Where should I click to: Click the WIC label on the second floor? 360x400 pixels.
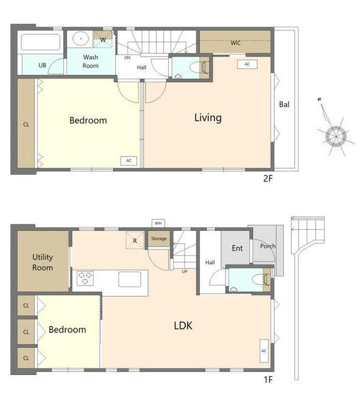coord(235,43)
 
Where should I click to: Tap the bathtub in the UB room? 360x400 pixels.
coord(41,42)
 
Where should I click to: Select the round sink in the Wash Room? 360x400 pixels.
coord(80,38)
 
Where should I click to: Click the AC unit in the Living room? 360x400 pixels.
coord(247,64)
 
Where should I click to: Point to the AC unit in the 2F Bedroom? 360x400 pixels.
coord(129,161)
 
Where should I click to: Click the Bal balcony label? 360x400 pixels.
coord(284,104)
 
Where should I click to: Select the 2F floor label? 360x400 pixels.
coord(268,178)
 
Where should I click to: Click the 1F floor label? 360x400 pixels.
coord(268,379)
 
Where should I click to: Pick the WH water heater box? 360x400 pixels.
coord(158,223)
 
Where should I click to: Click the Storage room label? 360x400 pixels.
coord(159,239)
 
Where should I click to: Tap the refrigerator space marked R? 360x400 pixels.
coord(135,240)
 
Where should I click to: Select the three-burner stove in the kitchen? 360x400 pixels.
coord(85,278)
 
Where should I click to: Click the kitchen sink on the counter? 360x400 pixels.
coord(130,279)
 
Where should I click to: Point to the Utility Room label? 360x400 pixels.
coord(43,262)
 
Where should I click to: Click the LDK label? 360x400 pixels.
coord(183,326)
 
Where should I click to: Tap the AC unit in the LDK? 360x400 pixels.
coord(264,351)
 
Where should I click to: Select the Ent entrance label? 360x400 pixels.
coord(237,248)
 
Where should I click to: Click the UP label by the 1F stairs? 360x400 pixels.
coord(185,272)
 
